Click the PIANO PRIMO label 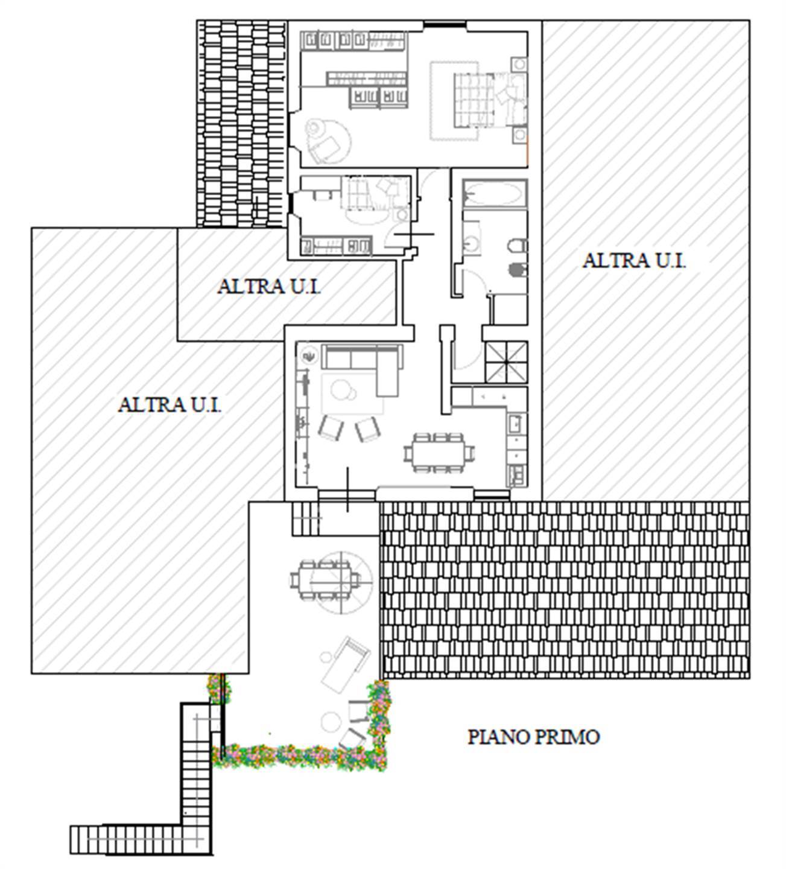point(534,737)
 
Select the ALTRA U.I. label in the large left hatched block point(170,404)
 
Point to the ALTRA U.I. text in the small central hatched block point(268,286)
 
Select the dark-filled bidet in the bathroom point(518,269)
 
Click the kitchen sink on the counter point(515,424)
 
